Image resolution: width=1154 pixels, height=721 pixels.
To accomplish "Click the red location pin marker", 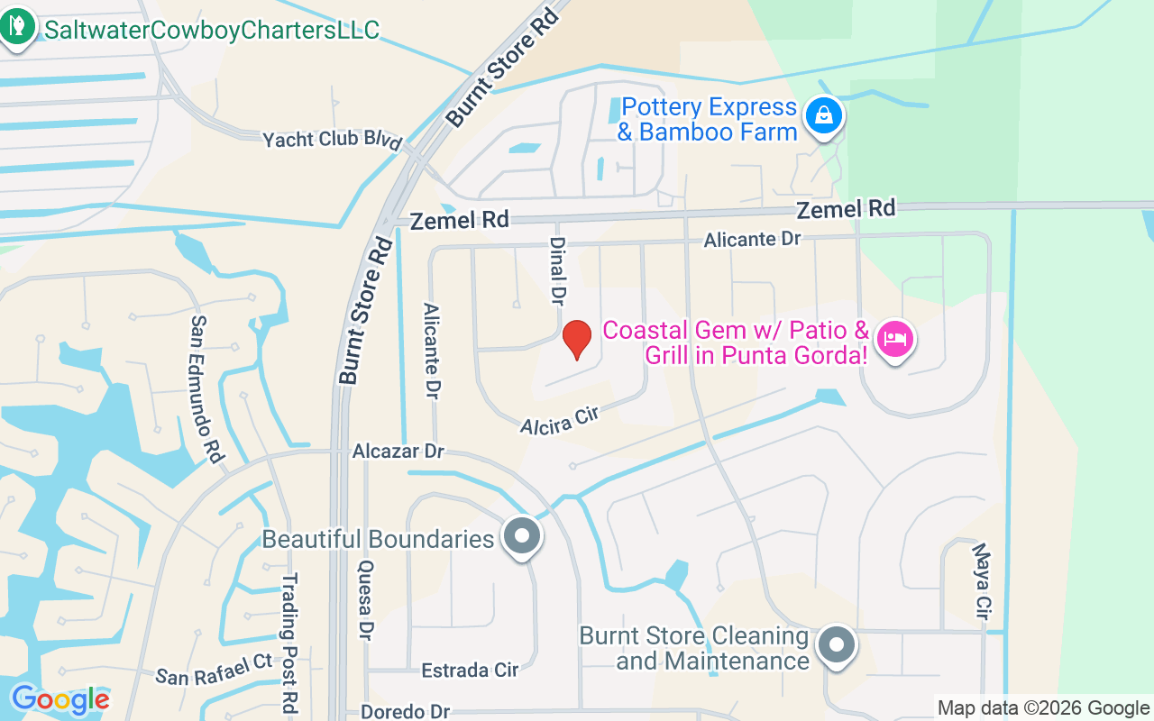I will (x=576, y=340).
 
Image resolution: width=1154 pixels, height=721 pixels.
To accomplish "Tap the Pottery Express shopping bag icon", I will (x=823, y=115).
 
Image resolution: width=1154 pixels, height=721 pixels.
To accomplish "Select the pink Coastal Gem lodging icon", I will (x=894, y=340).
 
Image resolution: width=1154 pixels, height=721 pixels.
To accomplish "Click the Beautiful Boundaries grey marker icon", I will (x=521, y=536).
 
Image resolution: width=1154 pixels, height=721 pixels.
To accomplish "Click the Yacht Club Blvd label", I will (x=332, y=140).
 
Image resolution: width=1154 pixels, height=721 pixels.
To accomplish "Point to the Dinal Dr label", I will (x=557, y=269).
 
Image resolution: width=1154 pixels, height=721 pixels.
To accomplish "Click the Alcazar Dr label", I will (x=398, y=451).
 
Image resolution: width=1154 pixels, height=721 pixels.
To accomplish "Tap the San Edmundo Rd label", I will (x=206, y=388).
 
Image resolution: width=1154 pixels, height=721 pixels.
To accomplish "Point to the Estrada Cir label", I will (x=470, y=670).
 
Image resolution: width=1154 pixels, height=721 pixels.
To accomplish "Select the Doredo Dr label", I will (x=405, y=711).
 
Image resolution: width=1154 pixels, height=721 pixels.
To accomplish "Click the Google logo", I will (x=60, y=699).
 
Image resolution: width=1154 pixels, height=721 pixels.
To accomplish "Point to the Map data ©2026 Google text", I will (x=1043, y=708).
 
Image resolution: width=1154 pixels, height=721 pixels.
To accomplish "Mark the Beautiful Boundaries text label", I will (x=378, y=539).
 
